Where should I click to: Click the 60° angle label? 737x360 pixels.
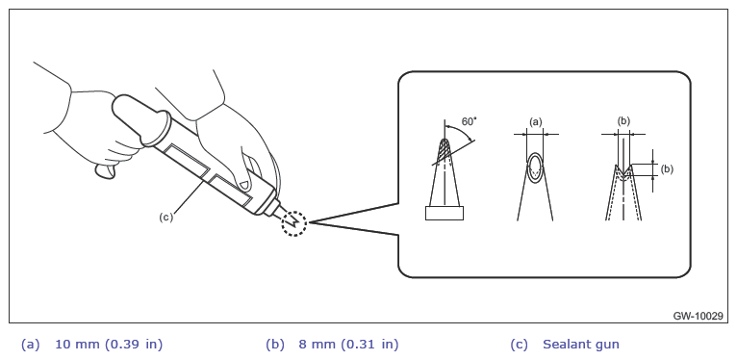pos(469,121)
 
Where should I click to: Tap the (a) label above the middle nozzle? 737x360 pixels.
pos(536,122)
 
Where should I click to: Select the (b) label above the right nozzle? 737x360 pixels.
pos(623,121)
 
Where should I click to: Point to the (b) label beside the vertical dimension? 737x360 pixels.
pos(667,169)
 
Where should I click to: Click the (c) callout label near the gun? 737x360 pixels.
pos(165,218)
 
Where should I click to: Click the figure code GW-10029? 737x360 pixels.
pos(698,317)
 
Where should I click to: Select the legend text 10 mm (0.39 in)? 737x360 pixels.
pos(109,345)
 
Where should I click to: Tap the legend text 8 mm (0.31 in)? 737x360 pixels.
pos(348,345)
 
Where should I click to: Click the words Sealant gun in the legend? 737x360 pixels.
pos(581,345)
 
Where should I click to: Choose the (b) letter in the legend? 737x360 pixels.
pos(275,345)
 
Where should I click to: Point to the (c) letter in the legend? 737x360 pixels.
pos(519,345)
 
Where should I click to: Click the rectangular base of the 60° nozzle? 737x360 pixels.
pos(445,213)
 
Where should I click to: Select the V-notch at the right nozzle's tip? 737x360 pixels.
pos(623,170)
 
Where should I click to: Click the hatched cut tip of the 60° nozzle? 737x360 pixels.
pos(445,150)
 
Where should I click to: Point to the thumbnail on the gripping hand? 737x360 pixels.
pos(244,184)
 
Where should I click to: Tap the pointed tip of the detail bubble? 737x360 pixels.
pos(310,221)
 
